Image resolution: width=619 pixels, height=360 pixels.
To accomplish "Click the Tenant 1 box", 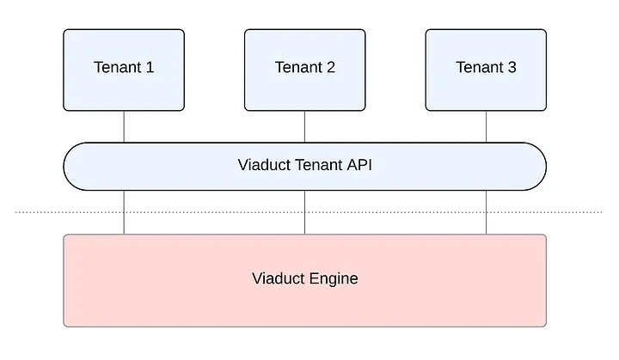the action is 124,70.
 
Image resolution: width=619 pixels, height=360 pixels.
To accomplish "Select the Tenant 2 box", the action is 304,70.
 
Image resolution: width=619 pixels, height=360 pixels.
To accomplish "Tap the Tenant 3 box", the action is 486,70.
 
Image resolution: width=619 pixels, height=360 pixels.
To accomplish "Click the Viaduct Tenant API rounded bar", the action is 304,167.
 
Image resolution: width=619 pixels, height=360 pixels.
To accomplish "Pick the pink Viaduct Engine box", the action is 304,281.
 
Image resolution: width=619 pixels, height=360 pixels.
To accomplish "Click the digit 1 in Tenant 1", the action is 150,67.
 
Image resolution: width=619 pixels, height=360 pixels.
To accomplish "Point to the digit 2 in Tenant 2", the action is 331,67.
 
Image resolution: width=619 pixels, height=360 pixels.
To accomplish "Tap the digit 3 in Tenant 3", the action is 512,67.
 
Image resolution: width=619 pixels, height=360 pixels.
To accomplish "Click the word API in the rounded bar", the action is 359,165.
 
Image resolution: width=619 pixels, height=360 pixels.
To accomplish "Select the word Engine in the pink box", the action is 334,279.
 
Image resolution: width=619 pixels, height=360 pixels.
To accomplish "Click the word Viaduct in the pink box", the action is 279,278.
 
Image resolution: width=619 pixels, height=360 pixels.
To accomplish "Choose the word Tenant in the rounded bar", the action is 319,165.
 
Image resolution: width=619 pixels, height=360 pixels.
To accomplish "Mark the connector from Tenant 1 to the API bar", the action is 124,126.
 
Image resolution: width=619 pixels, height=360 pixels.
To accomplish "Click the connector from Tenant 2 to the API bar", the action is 304,126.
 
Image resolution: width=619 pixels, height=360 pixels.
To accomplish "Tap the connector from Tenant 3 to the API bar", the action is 486,126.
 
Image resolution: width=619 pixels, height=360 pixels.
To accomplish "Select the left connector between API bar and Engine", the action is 124,212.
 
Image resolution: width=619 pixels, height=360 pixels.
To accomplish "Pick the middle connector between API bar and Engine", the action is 304,212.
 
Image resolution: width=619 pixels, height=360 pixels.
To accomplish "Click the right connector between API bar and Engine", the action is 486,212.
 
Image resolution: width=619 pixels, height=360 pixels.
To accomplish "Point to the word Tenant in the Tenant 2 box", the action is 298,67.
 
